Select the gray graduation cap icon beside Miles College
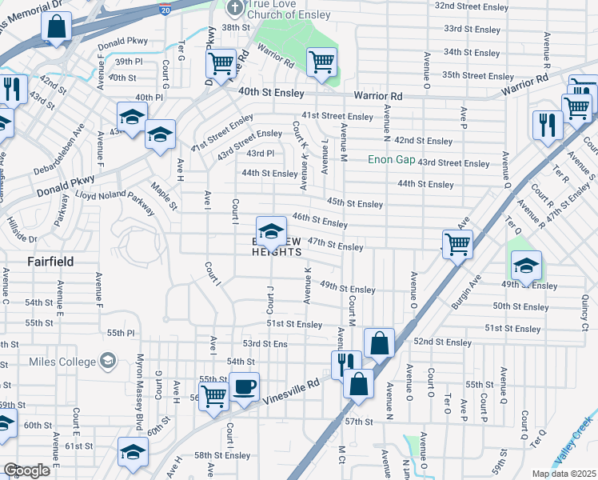click(106, 362)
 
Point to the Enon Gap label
click(391, 159)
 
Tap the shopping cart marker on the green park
click(321, 61)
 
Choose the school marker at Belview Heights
click(271, 230)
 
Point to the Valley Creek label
click(575, 448)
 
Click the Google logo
click(26, 470)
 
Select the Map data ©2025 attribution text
click(564, 474)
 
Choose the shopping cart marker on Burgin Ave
click(457, 243)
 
